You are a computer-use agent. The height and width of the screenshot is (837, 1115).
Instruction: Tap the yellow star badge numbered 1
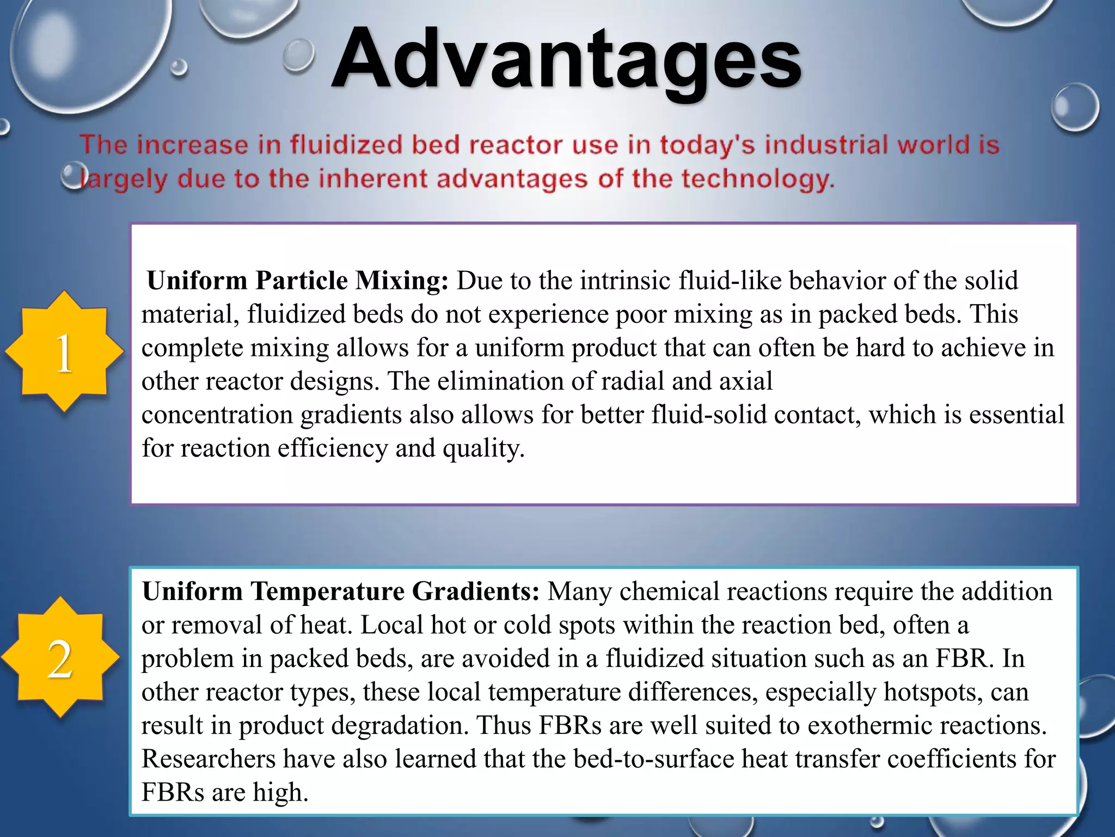pos(64,351)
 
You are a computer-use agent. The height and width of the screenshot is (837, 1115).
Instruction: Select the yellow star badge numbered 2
pos(60,658)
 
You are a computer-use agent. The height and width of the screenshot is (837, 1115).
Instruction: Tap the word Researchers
pos(209,759)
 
